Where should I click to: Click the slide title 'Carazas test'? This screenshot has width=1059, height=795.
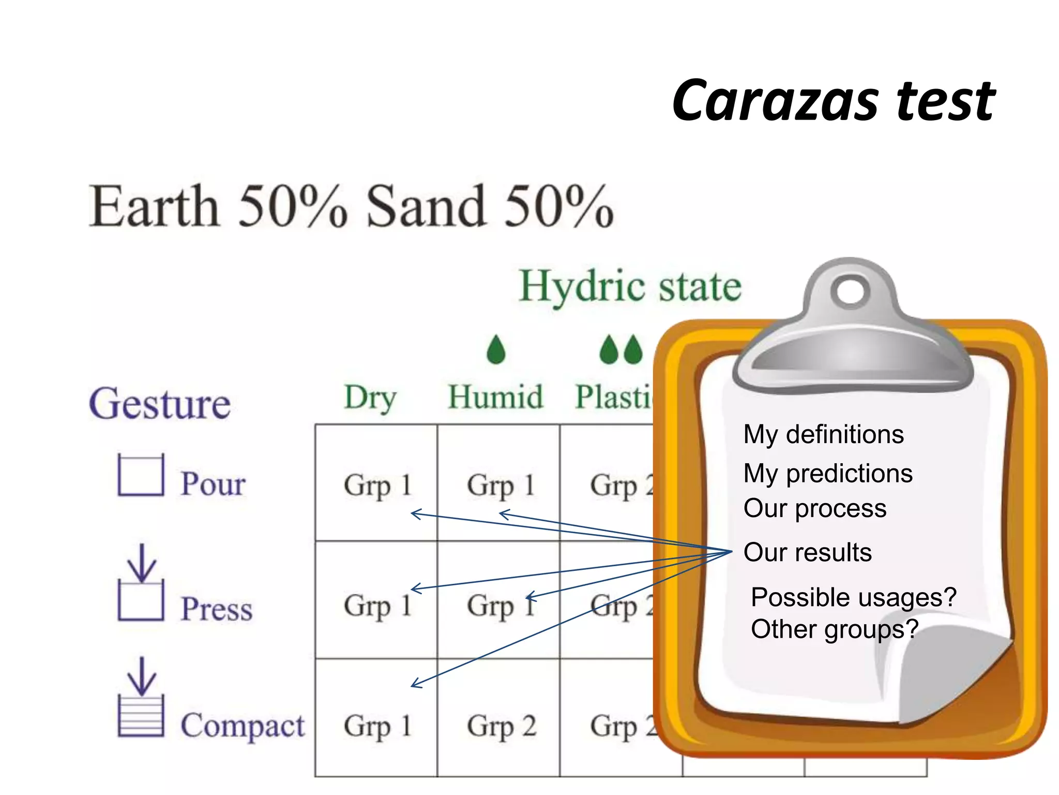click(x=834, y=101)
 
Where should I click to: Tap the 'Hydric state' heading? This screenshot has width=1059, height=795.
click(x=630, y=286)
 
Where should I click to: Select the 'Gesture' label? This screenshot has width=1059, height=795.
click(x=160, y=404)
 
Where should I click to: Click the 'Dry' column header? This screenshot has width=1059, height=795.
click(x=370, y=397)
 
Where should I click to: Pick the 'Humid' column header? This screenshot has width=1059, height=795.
click(x=495, y=397)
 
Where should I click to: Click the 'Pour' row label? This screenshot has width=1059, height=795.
click(x=213, y=484)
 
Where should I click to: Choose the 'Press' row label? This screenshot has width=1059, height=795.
click(x=216, y=608)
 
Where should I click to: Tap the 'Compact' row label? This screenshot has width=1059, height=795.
click(x=242, y=725)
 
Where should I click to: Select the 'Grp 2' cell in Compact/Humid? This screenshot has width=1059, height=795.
click(x=501, y=725)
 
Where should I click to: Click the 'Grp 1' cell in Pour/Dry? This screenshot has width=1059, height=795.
click(x=377, y=485)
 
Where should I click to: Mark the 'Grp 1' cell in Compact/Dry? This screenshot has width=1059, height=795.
click(x=377, y=725)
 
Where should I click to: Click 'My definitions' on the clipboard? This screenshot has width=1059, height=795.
click(x=823, y=434)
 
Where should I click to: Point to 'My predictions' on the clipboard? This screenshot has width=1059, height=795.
click(x=828, y=473)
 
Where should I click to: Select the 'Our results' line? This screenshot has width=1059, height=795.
click(x=807, y=552)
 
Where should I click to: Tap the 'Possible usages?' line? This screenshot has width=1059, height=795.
click(x=853, y=597)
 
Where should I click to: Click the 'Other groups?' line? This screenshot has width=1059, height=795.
click(x=834, y=629)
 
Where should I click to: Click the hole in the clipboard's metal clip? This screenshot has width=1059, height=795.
click(x=850, y=292)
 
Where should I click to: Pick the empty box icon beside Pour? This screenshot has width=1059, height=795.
click(x=141, y=475)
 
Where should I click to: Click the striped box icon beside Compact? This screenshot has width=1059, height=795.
click(x=141, y=715)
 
